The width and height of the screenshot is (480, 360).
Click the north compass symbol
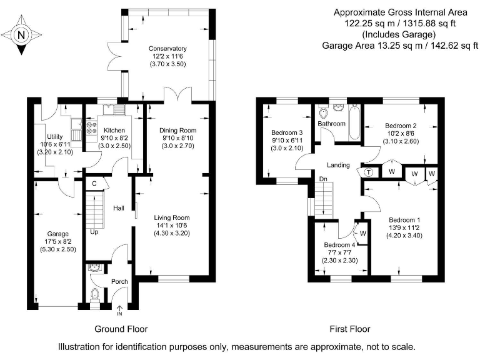(21, 35)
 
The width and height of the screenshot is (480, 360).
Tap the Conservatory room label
(167, 49)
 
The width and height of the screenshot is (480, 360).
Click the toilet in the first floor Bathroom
(324, 114)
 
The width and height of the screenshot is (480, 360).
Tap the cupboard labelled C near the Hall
(94, 184)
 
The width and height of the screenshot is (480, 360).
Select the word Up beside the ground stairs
(94, 232)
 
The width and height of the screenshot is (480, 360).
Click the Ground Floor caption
(121, 329)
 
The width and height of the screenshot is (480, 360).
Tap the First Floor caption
(350, 329)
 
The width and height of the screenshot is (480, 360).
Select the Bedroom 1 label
(404, 219)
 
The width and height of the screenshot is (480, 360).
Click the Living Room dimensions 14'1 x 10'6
(172, 226)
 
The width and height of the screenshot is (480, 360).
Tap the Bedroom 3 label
(287, 132)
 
